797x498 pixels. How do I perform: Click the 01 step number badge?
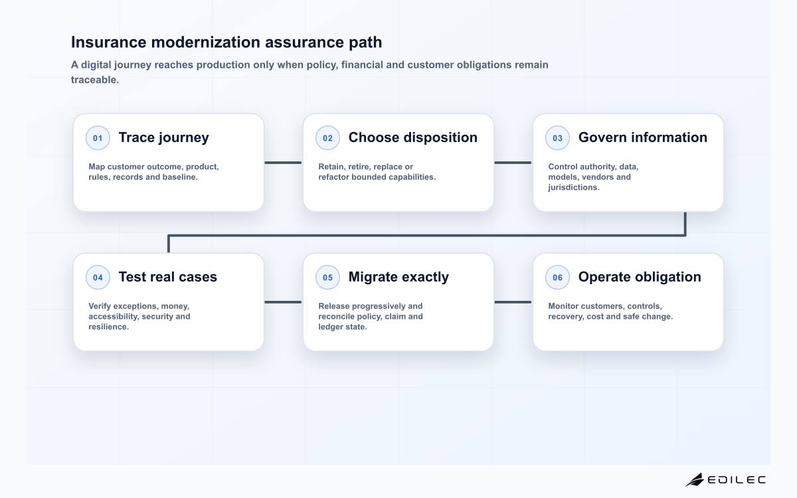pos(98,138)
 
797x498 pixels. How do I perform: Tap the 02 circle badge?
pos(327,138)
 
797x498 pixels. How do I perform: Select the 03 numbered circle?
pos(557,138)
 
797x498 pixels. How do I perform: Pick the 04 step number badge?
pos(98,278)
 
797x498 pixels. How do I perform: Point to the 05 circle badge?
pos(327,278)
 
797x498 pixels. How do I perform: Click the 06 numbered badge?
pos(557,278)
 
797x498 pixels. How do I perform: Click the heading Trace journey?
pos(163,137)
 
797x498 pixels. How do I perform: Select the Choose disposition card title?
pos(412,137)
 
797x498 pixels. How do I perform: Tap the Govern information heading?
pos(643,137)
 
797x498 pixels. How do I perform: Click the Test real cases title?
pos(167,277)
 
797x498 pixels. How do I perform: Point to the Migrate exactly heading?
pos(398,277)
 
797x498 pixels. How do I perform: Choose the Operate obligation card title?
pos(640,277)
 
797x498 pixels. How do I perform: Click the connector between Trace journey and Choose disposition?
pos(283,163)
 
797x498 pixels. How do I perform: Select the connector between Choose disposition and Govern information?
pos(513,163)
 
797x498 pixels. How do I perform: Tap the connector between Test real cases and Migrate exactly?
pos(283,302)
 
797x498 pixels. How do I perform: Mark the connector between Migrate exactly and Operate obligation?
pos(513,302)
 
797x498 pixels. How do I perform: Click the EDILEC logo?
pos(725,480)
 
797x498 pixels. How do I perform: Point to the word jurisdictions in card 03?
pos(574,187)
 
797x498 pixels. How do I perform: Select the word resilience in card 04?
pos(108,327)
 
